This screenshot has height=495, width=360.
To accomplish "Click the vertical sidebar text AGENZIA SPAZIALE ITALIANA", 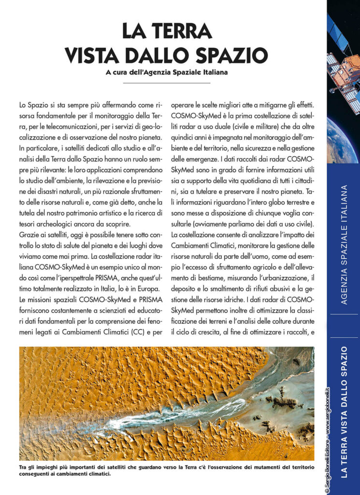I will tap(344, 244).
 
